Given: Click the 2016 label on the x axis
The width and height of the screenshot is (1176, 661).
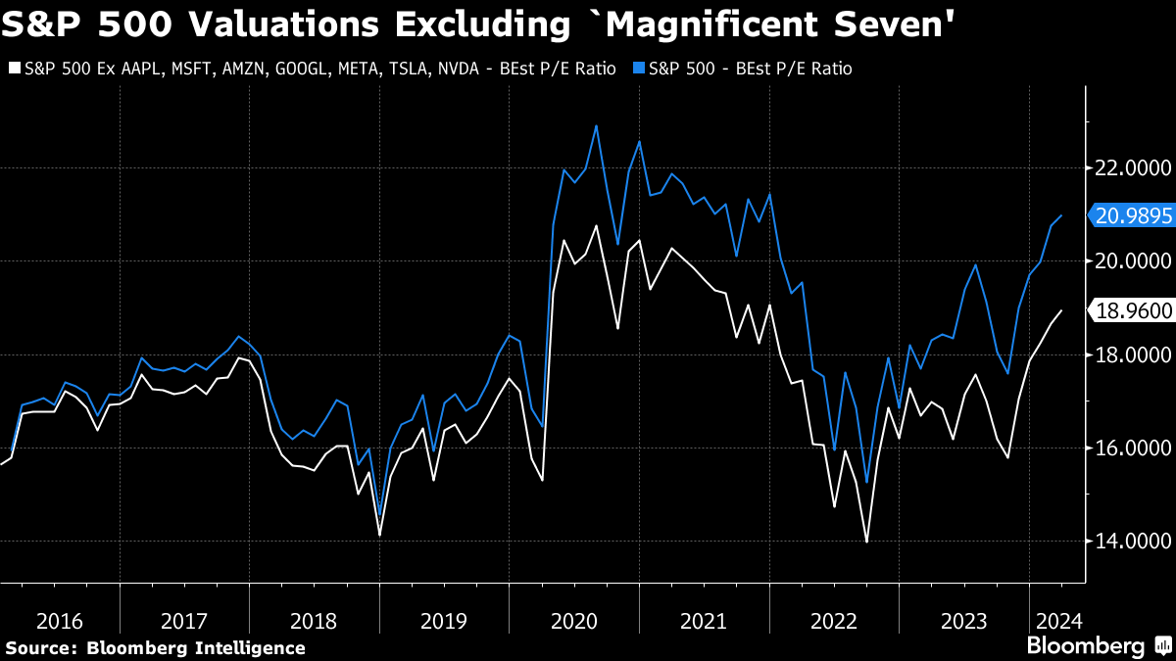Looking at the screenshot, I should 59,620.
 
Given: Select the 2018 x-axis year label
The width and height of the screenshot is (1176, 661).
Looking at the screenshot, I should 315,620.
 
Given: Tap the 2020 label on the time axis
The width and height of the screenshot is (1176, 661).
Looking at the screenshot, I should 574,620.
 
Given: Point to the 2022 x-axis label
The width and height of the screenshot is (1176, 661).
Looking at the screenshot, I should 834,620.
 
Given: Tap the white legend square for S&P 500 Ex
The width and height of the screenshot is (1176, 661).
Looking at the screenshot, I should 13,69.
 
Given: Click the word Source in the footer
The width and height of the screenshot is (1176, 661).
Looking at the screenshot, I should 40,647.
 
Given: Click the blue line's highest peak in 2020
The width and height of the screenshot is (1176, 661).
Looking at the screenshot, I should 597,125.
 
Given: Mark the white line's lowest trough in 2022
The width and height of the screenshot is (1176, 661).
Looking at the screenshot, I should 866,542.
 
